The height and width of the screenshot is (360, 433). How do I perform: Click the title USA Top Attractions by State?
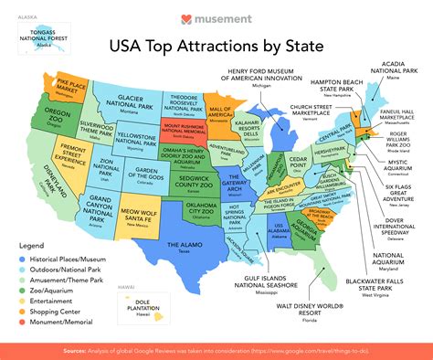pyautogui.click(x=216, y=43)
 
